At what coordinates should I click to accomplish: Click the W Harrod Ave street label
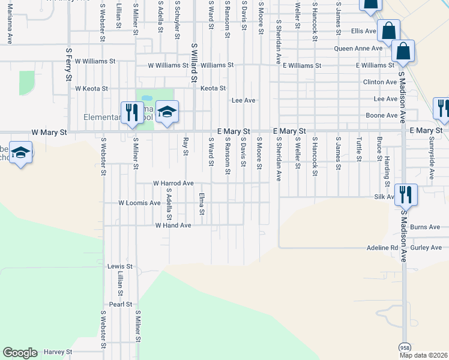[173, 183]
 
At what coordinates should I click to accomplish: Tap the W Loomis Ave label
[139, 203]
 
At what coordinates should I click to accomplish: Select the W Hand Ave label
[173, 226]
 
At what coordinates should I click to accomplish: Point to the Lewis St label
[119, 266]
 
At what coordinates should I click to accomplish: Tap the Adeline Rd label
[382, 247]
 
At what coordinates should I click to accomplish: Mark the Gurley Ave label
[426, 247]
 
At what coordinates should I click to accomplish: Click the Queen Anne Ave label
[358, 48]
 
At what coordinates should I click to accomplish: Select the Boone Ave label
[382, 115]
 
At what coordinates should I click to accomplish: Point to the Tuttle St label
[358, 149]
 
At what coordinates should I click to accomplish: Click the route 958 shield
[405, 347]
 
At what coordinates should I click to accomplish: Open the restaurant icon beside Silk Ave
[406, 194]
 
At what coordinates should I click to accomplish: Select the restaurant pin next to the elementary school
[132, 112]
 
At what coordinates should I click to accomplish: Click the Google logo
[20, 353]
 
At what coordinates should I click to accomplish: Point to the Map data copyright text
[423, 355]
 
